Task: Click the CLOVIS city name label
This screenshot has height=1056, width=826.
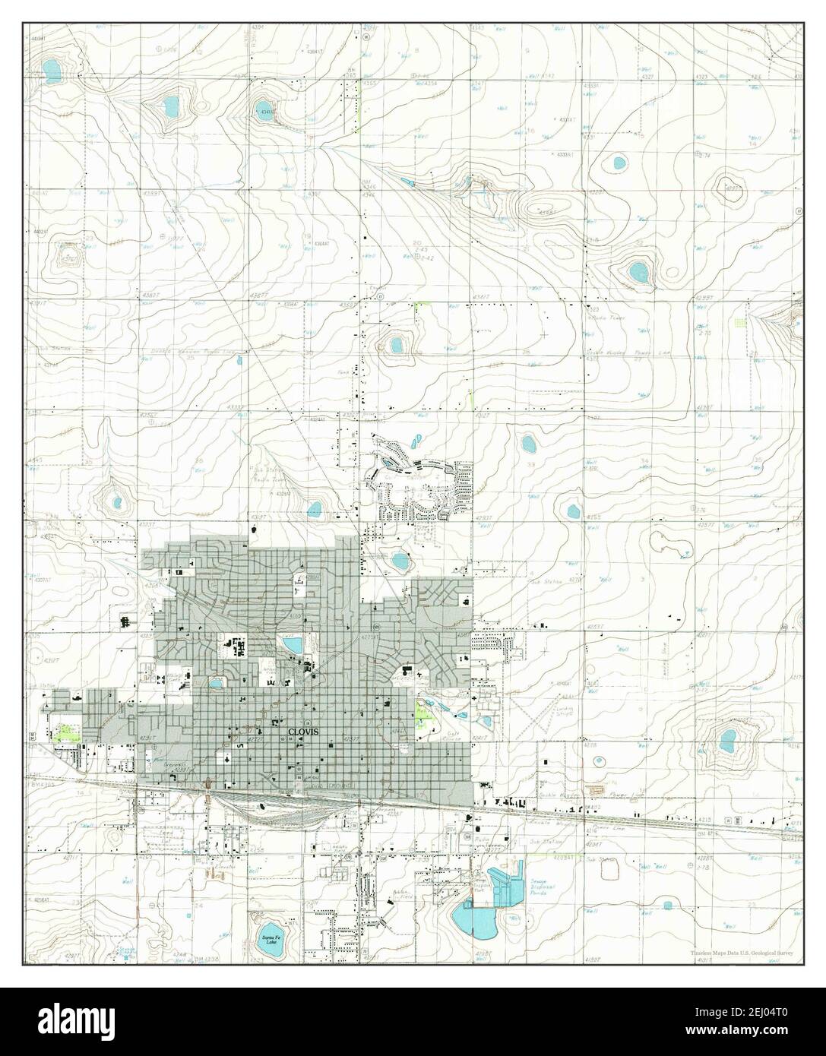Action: (x=303, y=731)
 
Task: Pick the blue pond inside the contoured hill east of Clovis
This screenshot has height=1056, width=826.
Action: (x=727, y=736)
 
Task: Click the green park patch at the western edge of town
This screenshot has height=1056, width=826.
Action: (x=66, y=732)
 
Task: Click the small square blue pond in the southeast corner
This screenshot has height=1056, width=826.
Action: (x=667, y=905)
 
